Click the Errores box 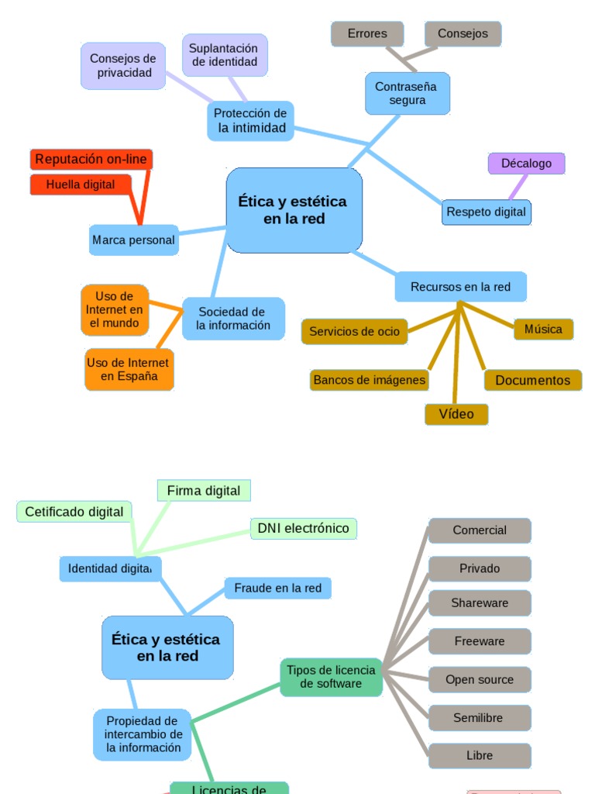point(367,34)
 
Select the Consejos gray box point(463,34)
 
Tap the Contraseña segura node point(406,93)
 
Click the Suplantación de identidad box point(225,55)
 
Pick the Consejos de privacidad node point(122,66)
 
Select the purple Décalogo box point(526,164)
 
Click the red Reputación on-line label point(91,160)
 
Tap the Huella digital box point(81,185)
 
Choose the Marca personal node point(133,240)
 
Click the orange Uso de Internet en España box point(129,369)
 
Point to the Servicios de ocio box point(354,332)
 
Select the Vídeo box point(456,414)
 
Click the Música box point(543,329)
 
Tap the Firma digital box point(204,491)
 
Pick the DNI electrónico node point(303,529)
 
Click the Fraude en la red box point(277,589)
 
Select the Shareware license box point(480,603)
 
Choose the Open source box point(480,680)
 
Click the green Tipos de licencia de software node point(331,677)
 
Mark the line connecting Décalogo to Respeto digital point(518,188)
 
